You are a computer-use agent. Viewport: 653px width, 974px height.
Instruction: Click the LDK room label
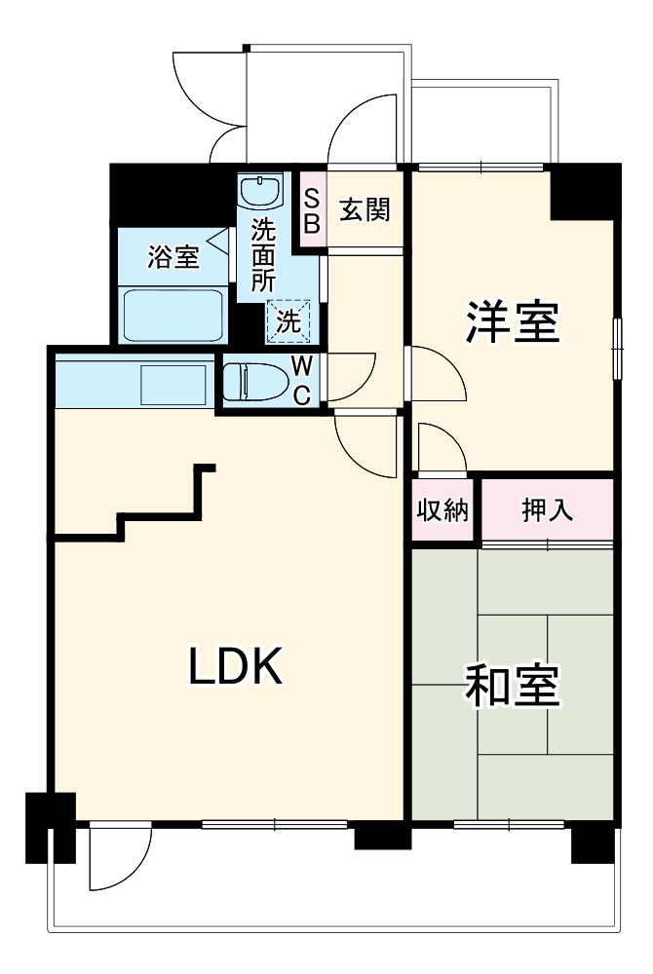tap(235, 666)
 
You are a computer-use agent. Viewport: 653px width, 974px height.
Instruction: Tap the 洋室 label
tap(512, 322)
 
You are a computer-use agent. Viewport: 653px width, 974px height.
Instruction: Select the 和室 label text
tap(512, 687)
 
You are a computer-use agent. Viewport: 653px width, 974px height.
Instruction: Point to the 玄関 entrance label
tap(365, 209)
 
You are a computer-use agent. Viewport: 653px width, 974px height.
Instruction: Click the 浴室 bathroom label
tap(173, 257)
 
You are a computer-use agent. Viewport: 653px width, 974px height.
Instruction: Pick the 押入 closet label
tap(547, 510)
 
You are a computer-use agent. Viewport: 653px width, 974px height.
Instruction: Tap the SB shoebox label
tap(312, 210)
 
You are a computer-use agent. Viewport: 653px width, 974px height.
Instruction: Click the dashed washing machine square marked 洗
tap(289, 320)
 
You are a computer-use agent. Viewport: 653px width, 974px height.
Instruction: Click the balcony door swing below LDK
tap(119, 857)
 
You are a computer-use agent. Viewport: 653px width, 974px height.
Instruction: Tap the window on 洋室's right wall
tap(616, 349)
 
